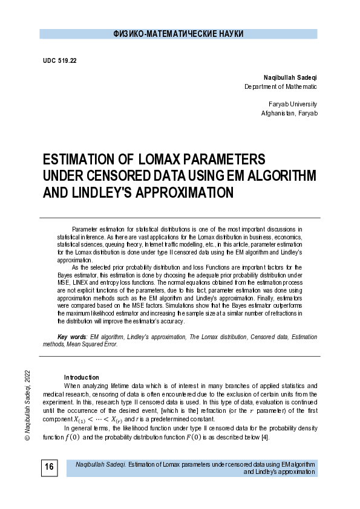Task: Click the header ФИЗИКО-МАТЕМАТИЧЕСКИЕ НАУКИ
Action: (x=178, y=34)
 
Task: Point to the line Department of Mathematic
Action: (x=280, y=87)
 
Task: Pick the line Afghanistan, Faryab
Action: (x=289, y=114)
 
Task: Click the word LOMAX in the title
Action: (x=163, y=160)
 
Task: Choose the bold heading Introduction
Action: (x=81, y=377)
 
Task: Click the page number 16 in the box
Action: (x=49, y=467)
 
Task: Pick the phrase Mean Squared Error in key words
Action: (x=91, y=344)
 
